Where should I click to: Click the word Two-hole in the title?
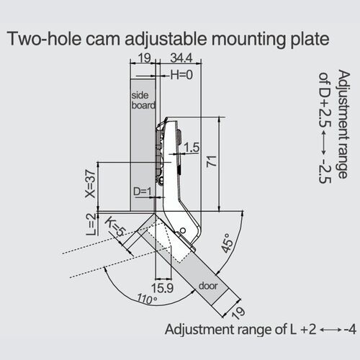[45, 38]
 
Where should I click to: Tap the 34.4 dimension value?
[181, 58]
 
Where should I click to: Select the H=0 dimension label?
[181, 75]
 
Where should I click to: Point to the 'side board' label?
[143, 100]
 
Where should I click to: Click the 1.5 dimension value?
[192, 148]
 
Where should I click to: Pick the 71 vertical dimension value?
[212, 161]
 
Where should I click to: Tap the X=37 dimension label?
[90, 184]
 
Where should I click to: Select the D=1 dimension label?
[143, 192]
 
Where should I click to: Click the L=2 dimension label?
[91, 225]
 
